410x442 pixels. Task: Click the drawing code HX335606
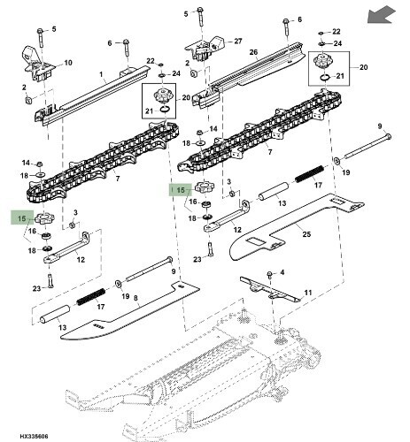(34, 436)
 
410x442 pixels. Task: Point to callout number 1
(101, 74)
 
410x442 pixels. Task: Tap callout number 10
(68, 63)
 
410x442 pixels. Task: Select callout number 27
(238, 42)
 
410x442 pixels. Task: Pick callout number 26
(253, 52)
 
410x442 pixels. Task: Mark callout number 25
(306, 234)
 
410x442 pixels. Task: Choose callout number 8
(135, 298)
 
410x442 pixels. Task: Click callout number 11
(308, 293)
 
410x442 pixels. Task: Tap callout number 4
(282, 272)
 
